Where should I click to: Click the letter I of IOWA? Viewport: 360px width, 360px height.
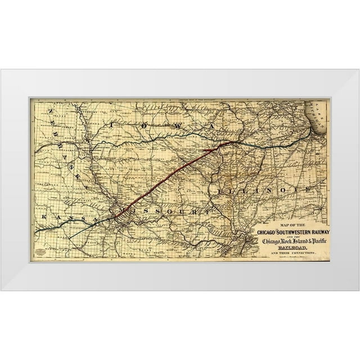point(113,124)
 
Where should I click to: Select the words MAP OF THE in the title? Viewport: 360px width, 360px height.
point(287,226)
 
